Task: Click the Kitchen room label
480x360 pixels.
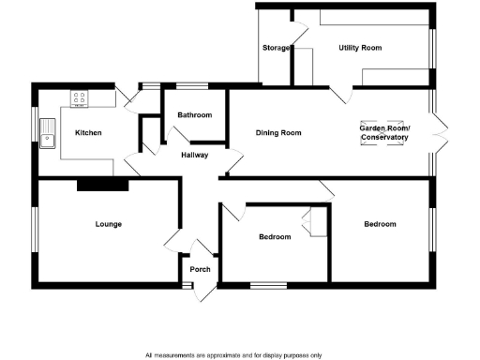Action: pos(88,133)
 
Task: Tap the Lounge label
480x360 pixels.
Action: pos(109,224)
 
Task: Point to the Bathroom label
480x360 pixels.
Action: pos(195,115)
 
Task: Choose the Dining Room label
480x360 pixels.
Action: pos(278,133)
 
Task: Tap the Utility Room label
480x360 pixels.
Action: pos(360,47)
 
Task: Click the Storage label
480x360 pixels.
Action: pos(276,47)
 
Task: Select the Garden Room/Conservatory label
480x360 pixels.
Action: pos(385,132)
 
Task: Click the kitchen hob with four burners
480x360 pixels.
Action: pos(80,97)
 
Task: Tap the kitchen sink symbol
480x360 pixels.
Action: pos(49,141)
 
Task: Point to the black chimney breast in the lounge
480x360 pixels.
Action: pos(101,185)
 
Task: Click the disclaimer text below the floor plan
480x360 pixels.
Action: pos(233,355)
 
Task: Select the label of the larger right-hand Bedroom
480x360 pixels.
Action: pos(380,224)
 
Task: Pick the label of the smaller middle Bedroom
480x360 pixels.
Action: pos(275,237)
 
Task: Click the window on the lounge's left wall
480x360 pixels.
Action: pos(35,229)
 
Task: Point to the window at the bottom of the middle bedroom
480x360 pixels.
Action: pos(267,282)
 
